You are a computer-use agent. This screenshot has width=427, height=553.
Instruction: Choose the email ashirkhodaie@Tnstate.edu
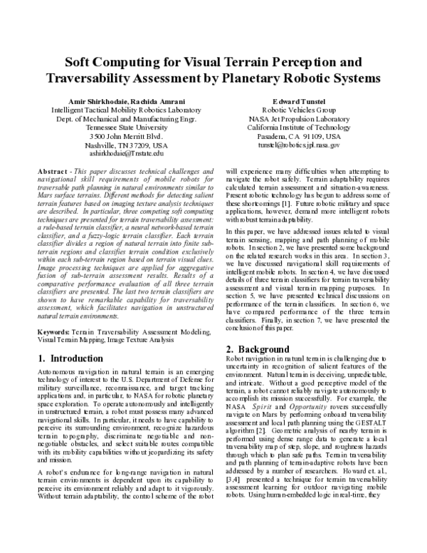[126, 153]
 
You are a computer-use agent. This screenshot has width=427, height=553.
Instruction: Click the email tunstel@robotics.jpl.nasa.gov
[299, 144]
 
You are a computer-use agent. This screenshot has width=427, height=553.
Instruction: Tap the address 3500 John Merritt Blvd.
[126, 135]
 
